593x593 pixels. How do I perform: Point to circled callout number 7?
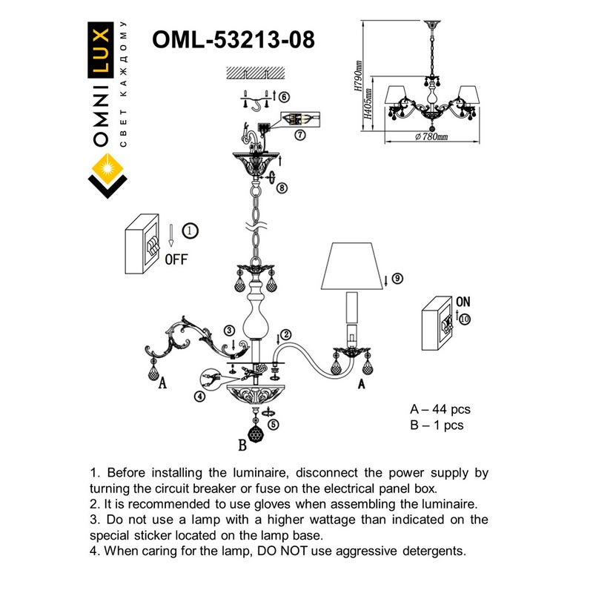(x=299, y=135)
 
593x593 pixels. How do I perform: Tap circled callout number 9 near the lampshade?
(x=397, y=279)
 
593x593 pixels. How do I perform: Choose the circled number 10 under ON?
(x=465, y=319)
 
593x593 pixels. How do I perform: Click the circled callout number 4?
(x=199, y=396)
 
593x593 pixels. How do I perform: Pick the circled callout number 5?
(x=274, y=425)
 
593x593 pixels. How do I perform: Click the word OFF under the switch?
(x=176, y=259)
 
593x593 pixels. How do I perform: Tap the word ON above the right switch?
(x=463, y=302)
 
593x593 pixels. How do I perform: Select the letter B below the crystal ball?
(x=241, y=446)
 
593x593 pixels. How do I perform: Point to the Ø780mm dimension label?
(x=432, y=138)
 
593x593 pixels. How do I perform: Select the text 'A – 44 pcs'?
(x=440, y=409)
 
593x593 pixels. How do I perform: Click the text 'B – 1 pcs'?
(x=437, y=425)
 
